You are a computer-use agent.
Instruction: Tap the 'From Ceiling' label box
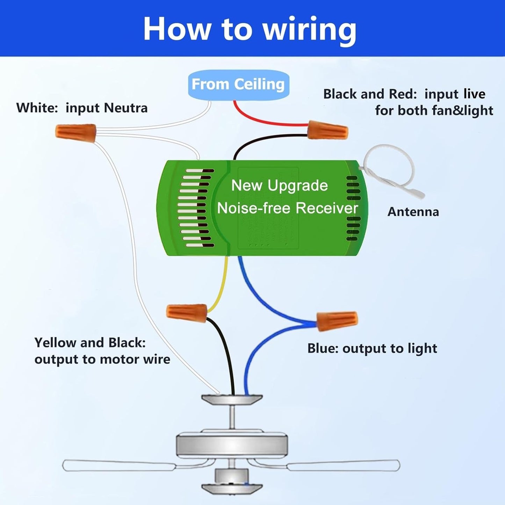tap(238, 85)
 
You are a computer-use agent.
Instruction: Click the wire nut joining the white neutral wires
tap(76, 133)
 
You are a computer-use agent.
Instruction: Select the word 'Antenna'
tap(413, 212)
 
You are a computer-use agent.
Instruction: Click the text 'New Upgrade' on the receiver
tap(280, 186)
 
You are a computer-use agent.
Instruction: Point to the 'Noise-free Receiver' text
tap(287, 208)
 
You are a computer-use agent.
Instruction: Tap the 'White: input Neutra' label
tap(82, 108)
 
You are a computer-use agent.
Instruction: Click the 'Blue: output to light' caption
tap(372, 348)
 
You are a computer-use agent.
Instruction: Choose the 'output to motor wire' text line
tap(102, 359)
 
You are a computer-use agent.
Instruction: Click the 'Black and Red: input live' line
tap(404, 94)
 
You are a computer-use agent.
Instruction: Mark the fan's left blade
tap(119, 466)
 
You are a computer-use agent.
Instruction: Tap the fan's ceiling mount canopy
tap(232, 399)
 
